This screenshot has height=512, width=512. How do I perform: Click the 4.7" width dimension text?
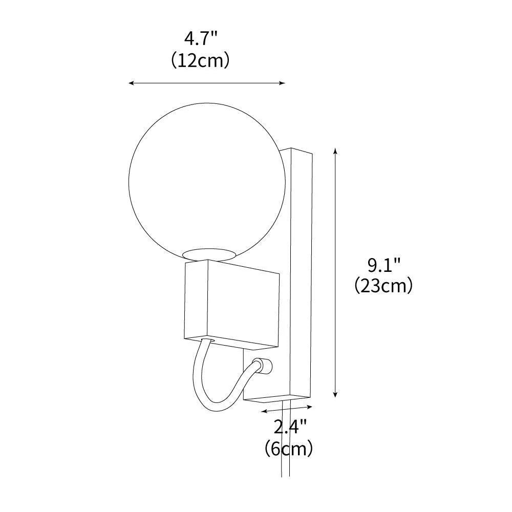click(200, 39)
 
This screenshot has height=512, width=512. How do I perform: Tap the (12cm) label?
click(200, 60)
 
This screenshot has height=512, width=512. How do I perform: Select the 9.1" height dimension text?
click(383, 266)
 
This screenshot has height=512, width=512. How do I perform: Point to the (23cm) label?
click(383, 286)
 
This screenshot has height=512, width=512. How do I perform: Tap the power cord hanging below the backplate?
click(286, 451)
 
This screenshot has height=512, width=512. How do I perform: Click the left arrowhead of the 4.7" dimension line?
click(131, 82)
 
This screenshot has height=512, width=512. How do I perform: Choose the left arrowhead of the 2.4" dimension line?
click(263, 411)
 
